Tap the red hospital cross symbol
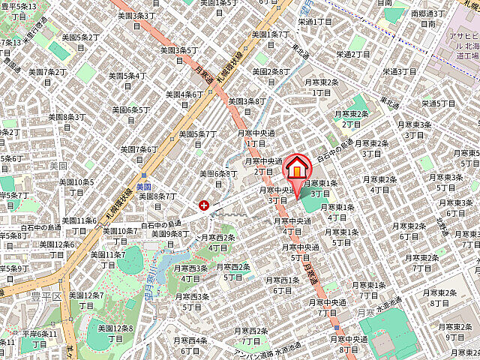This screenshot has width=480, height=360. click(203, 205)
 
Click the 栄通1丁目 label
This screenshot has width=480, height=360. click(315, 22)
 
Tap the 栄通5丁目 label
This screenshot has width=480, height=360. click(439, 103)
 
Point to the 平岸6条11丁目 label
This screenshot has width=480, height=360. click(39, 339)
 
